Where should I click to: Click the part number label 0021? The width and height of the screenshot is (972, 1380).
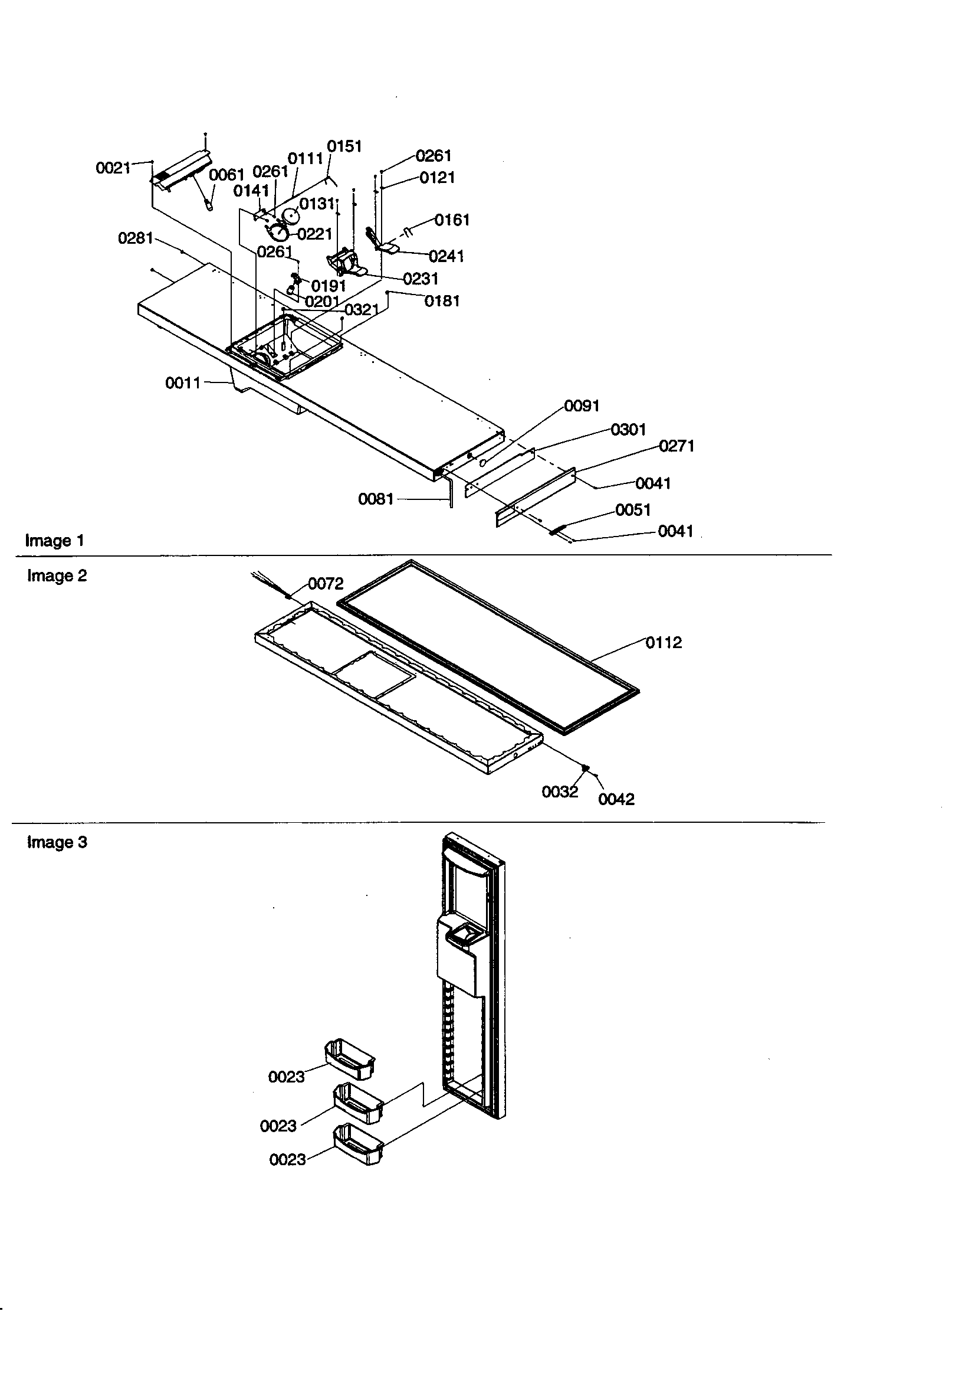click(113, 168)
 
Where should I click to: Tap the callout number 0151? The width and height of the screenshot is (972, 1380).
click(344, 146)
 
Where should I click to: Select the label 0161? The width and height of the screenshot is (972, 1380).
click(452, 220)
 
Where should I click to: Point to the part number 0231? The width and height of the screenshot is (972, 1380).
click(421, 279)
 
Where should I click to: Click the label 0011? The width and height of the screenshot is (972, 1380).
click(183, 383)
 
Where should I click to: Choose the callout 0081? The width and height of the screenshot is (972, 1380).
click(376, 499)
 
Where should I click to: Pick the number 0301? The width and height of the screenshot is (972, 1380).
click(628, 430)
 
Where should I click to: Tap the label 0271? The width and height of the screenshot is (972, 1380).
click(677, 446)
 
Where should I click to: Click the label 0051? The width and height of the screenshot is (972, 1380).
click(633, 510)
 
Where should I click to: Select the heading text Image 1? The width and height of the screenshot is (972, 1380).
click(55, 540)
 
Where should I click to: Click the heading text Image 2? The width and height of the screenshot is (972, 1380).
click(57, 576)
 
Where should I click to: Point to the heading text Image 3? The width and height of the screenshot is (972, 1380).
click(57, 842)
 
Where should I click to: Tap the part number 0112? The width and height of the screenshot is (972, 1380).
click(664, 643)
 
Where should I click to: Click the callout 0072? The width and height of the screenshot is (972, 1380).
click(326, 584)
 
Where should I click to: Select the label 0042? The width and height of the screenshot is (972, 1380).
click(616, 799)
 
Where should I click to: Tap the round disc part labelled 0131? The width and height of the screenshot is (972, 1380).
click(291, 216)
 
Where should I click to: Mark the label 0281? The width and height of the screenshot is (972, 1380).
click(136, 238)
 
